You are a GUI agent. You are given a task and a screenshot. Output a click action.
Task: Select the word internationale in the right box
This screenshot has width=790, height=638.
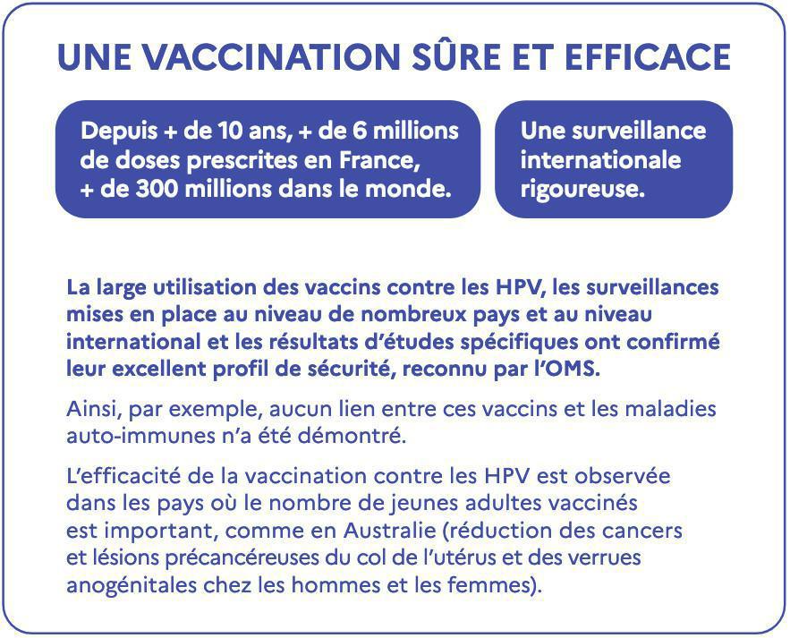point(600,161)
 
